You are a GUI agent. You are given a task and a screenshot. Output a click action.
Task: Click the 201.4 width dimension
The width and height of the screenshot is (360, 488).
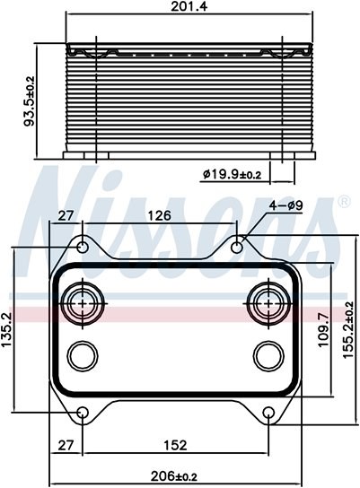point(189,7)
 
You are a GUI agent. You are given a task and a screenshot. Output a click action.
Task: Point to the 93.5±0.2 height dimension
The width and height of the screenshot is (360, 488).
point(31,101)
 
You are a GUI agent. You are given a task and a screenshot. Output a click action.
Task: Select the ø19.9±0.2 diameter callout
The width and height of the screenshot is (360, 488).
point(232,175)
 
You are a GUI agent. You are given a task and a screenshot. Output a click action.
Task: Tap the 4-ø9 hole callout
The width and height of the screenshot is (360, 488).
point(285,205)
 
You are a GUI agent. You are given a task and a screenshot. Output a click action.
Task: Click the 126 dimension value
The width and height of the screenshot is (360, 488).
point(159,215)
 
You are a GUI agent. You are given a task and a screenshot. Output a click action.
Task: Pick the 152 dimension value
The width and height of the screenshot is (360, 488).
point(175,445)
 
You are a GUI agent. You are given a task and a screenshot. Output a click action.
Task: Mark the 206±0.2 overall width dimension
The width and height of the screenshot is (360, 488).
point(174,475)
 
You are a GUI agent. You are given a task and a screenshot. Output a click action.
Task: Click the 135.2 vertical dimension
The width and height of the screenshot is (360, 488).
point(7,329)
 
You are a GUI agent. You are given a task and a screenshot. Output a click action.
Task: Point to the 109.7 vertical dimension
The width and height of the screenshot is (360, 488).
point(323,329)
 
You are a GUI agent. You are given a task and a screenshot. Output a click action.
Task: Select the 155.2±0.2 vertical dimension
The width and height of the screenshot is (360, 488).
point(348,329)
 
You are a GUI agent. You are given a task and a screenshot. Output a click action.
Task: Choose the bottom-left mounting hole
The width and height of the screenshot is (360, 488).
point(83,413)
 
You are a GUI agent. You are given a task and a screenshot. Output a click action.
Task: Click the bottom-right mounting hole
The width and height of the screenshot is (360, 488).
point(268,413)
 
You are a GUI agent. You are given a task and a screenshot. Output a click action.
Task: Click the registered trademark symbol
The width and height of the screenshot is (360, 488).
point(344,202)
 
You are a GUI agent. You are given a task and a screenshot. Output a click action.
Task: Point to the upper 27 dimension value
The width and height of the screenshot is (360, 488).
point(66,215)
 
